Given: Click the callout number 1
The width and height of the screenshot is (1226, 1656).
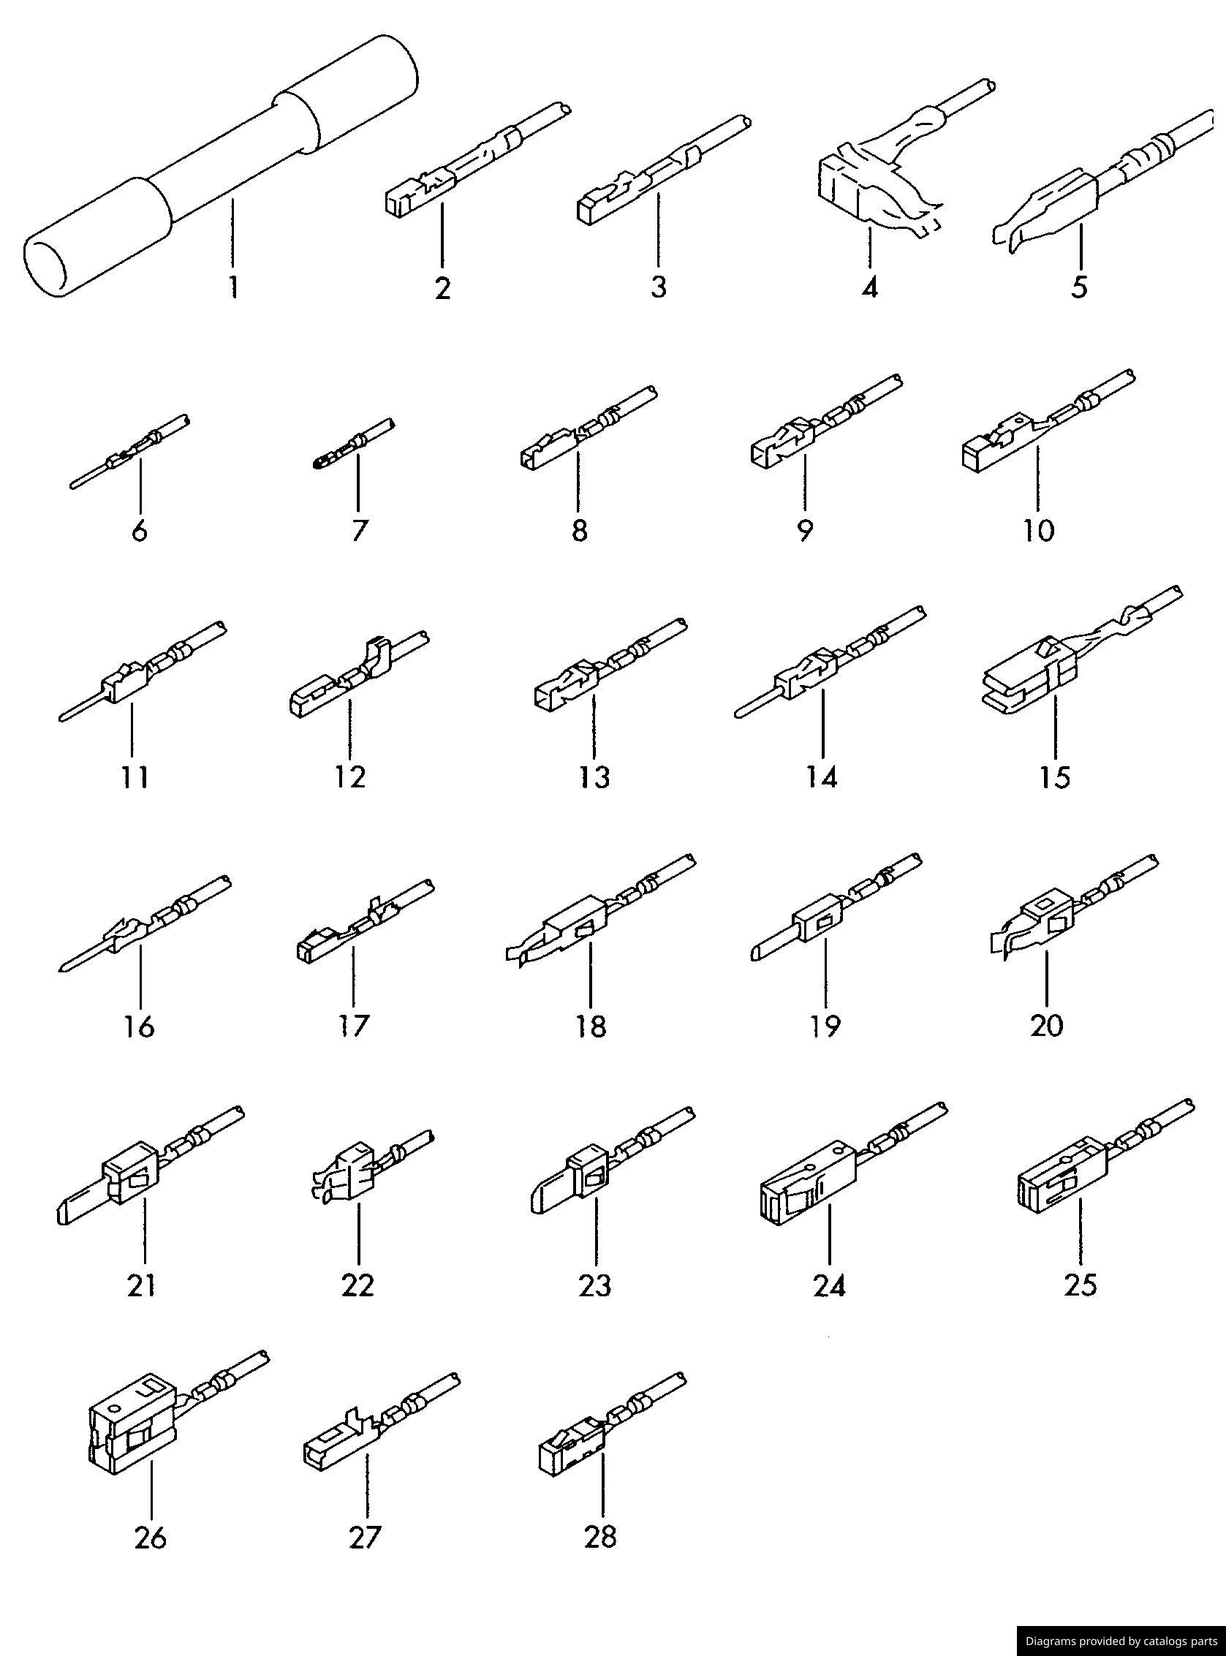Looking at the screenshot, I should (x=233, y=287).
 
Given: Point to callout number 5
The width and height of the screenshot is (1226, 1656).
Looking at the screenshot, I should (x=1079, y=287).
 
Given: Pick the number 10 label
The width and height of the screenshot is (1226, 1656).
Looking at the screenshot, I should (x=1039, y=531).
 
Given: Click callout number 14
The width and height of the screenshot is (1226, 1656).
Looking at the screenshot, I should (x=822, y=777).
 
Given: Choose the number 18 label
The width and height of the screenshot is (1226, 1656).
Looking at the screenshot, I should (x=591, y=1027).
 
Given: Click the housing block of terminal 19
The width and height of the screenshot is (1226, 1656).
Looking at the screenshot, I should (x=820, y=923).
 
